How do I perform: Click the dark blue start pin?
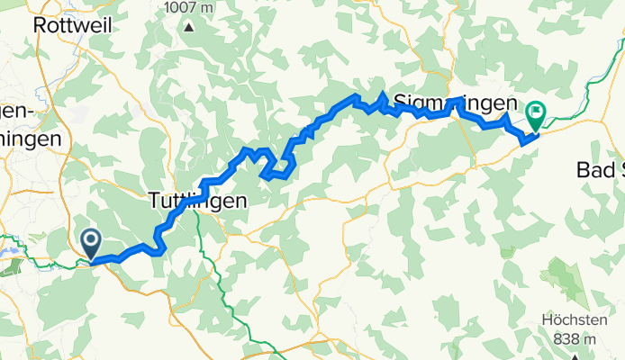pos(91,241)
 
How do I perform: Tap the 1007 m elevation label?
pos(189,7)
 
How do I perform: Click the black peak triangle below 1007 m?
pos(189,26)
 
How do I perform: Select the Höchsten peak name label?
pos(577,319)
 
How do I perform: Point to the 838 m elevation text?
pos(577,339)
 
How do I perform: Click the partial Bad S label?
pos(600,170)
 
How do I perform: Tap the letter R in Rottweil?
pos(39,25)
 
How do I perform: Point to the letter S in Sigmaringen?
pos(402,103)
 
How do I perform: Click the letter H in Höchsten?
pos(549,319)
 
